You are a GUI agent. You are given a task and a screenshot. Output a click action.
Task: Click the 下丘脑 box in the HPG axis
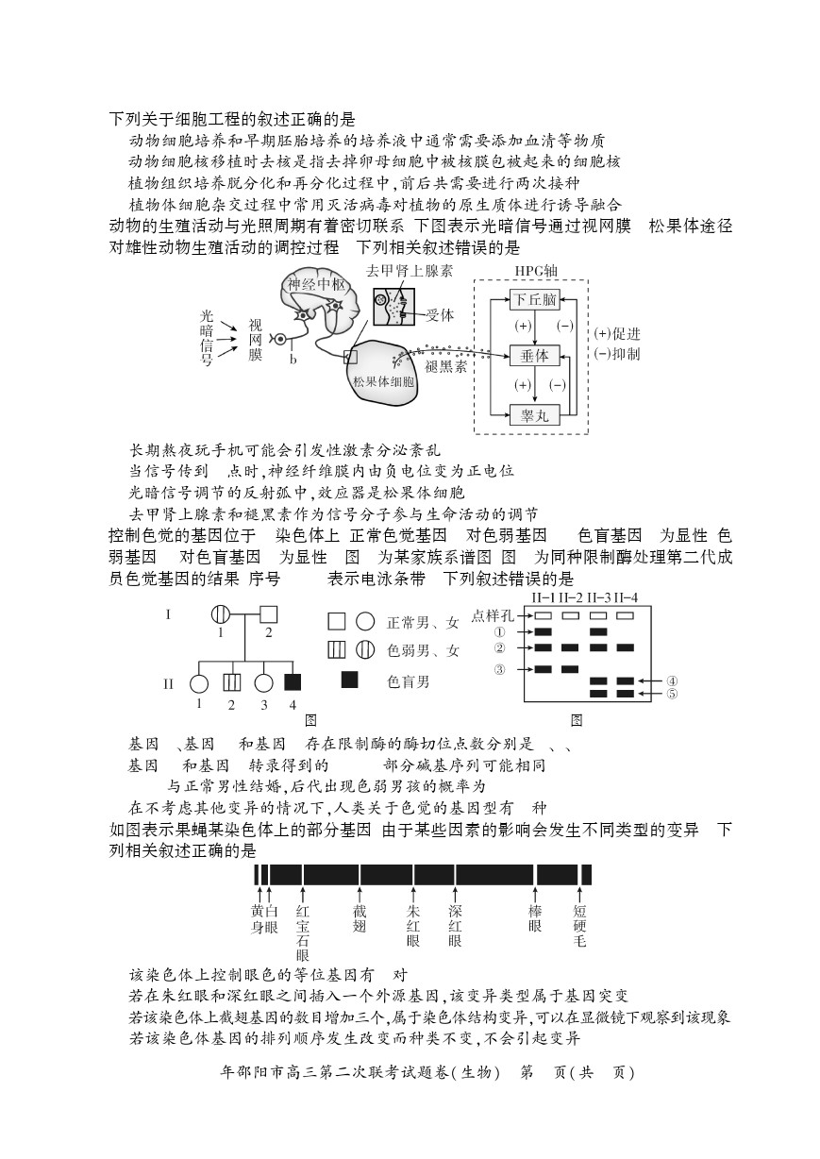(x=534, y=299)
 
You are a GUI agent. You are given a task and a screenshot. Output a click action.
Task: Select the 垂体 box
(x=534, y=356)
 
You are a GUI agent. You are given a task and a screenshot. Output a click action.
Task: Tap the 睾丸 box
(x=534, y=415)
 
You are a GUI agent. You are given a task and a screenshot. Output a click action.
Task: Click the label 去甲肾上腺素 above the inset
(x=410, y=271)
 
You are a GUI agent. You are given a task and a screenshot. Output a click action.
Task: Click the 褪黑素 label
(x=445, y=367)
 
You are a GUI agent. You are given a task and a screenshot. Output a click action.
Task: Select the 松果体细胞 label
(x=383, y=382)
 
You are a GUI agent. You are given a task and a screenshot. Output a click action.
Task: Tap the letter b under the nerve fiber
(x=293, y=359)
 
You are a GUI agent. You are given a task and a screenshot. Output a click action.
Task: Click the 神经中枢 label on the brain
(x=317, y=284)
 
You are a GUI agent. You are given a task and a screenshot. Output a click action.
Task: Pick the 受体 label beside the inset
(x=440, y=314)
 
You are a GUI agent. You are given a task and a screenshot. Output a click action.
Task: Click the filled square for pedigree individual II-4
(x=293, y=682)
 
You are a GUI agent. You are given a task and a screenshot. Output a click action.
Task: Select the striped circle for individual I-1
(x=221, y=614)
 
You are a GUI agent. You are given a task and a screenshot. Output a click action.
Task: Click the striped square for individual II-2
(x=232, y=683)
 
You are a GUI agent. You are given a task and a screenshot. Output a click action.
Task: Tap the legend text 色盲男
(x=409, y=682)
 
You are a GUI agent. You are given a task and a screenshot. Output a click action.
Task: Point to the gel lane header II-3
(x=599, y=598)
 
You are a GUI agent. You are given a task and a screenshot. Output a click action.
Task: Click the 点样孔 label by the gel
(x=493, y=615)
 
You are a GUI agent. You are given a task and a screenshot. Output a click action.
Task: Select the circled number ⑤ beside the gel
(x=672, y=694)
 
